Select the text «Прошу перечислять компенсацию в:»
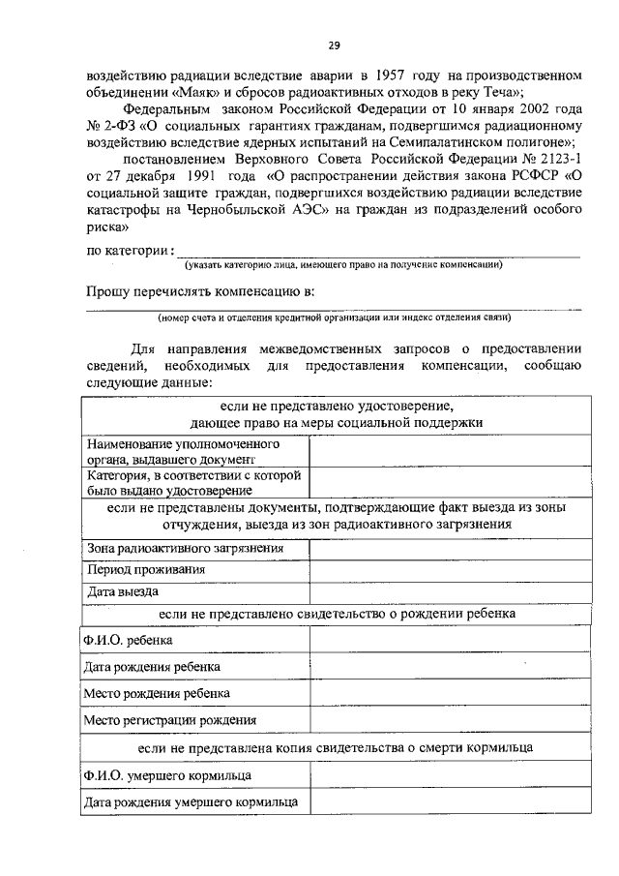(x=200, y=291)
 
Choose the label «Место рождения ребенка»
(x=157, y=694)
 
